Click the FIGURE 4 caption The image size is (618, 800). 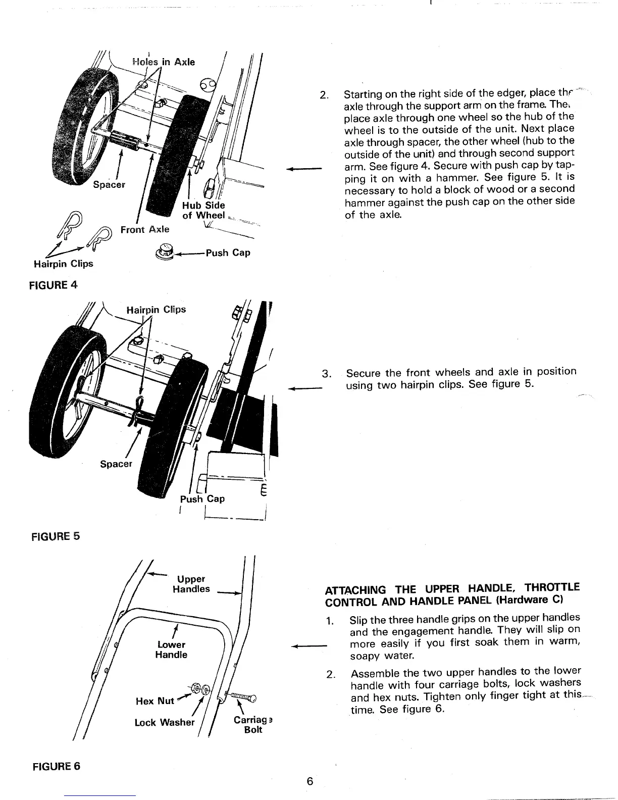point(55,284)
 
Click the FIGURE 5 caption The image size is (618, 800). point(56,536)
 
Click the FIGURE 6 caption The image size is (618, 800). point(56,766)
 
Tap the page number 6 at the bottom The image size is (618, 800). point(310,781)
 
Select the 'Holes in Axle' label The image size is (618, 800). point(163,62)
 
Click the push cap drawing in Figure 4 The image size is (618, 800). point(165,251)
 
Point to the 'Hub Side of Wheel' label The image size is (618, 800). point(203,210)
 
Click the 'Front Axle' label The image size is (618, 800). point(145,229)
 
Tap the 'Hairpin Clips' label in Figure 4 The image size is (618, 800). point(64,264)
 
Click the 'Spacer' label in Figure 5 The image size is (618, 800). point(116,464)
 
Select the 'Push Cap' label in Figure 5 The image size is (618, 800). point(202,498)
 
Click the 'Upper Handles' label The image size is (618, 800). point(191,584)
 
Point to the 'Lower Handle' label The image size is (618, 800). point(171,649)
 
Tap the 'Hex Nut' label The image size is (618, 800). point(154,701)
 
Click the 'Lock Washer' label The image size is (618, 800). point(164,722)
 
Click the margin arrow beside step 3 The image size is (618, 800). point(305,388)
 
